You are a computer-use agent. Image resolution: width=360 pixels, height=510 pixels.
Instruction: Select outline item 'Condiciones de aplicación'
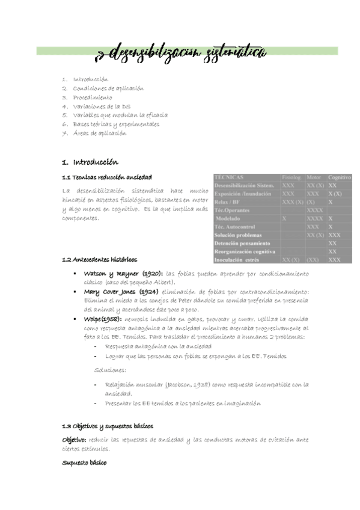pos(108,88)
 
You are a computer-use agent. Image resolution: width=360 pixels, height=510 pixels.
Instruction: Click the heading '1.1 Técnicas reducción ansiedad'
pos(107,177)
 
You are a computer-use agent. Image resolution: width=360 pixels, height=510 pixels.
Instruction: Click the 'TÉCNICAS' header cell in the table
pos(229,178)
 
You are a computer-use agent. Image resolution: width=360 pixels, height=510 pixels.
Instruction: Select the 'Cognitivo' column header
pos(340,178)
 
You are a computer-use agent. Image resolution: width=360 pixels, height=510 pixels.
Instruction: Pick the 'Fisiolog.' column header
pos(292,178)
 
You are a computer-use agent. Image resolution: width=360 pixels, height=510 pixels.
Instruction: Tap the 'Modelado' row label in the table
pos(231,219)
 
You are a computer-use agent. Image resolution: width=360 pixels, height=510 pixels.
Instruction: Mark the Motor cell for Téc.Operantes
pos(314,210)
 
